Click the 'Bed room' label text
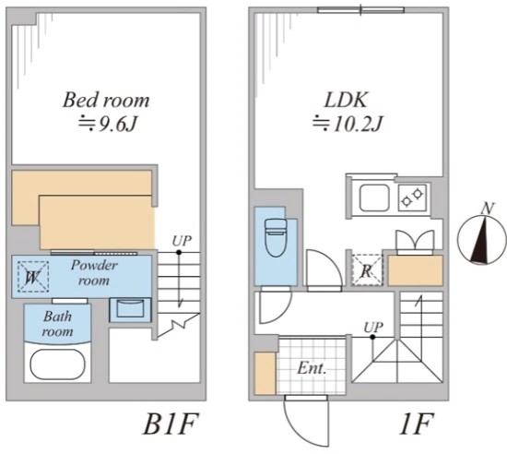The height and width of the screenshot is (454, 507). (106, 100)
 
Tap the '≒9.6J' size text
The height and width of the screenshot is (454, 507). (108, 124)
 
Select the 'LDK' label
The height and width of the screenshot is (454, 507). (346, 100)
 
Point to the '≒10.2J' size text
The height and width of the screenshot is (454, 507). (348, 124)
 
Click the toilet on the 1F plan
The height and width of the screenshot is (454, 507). (276, 237)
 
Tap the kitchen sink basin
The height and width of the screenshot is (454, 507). (374, 197)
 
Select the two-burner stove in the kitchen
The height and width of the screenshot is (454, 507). (412, 197)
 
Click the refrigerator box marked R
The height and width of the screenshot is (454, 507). (367, 270)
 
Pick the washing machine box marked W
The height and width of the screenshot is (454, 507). (33, 277)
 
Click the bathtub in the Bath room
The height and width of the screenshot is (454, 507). (57, 364)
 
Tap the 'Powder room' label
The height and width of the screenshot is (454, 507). (94, 273)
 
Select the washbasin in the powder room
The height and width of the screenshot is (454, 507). (130, 308)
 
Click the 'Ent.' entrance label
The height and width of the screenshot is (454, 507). (311, 368)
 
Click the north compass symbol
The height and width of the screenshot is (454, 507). (482, 236)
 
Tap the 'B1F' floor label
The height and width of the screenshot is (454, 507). (171, 424)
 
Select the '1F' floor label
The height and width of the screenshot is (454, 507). (417, 424)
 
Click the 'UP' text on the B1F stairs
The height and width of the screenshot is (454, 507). (182, 241)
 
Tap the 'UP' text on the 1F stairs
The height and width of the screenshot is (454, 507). (373, 328)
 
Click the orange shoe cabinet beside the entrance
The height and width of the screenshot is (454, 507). (265, 374)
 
